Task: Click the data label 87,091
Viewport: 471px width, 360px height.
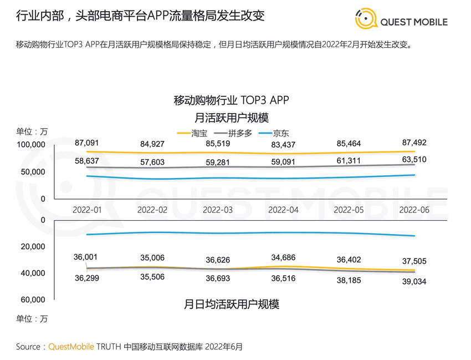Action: tap(86, 143)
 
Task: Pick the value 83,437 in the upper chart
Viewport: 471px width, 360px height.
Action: tap(283, 145)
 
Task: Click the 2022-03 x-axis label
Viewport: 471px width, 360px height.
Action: tap(217, 210)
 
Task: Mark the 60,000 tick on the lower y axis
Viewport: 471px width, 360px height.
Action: tap(33, 300)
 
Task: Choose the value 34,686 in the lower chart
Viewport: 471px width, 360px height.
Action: tap(283, 257)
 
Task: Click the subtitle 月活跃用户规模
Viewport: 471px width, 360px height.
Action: tap(232, 118)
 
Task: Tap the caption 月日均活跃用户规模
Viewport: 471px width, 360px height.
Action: tap(232, 304)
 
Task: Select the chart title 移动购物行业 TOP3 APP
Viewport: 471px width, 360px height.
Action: tap(232, 100)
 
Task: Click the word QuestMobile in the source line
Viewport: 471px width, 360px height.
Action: tap(71, 347)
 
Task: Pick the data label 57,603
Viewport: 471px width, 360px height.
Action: tap(152, 162)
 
